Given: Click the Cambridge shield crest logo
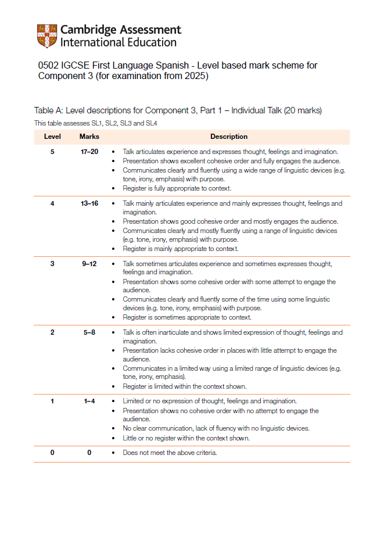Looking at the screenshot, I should pos(47,36).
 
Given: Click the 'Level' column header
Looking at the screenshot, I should pos(52,137).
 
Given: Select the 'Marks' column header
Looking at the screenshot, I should pos(89,137).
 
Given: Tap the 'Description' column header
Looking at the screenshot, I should pos(229,137).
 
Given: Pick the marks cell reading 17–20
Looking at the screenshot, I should pos(89,152).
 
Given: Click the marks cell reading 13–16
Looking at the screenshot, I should pos(89,203).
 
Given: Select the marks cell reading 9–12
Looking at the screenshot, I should pos(89,264).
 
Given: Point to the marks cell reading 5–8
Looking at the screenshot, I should pos(89,332).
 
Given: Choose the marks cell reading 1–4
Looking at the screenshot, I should pos(89,401).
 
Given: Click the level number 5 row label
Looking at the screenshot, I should pos(52,152).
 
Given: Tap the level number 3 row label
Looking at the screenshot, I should pos(52,264).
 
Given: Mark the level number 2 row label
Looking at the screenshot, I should pos(52,332).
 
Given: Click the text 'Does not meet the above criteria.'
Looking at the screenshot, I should pos(170,453).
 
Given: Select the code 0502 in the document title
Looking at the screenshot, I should pos(49,66).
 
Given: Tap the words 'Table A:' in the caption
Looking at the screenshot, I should pos(49,110).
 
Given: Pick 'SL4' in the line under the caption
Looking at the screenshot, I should pos(150,123).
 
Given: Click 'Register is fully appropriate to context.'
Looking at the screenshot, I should pos(177,188).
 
